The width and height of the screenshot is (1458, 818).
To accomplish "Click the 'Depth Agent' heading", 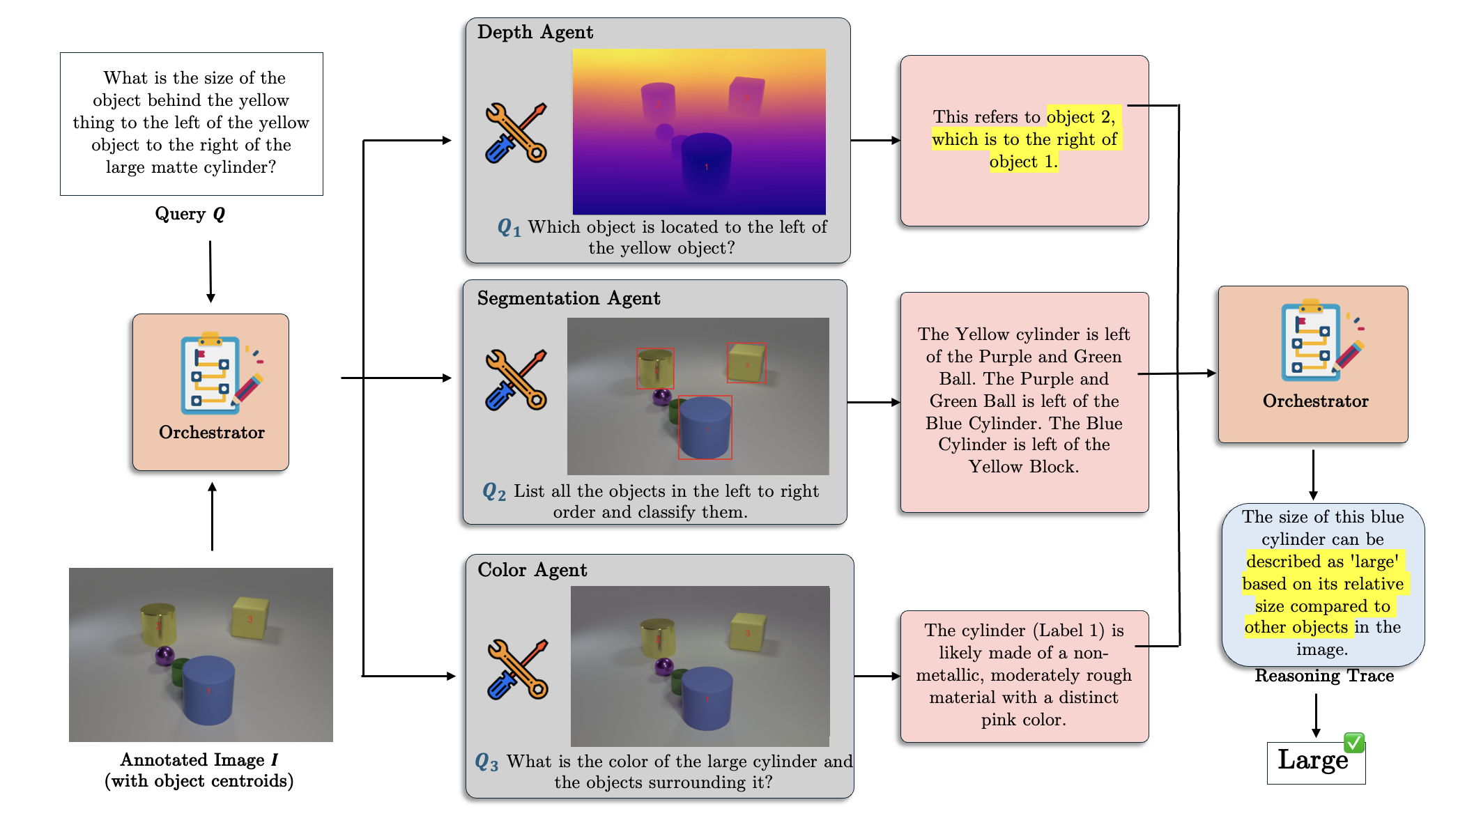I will (535, 32).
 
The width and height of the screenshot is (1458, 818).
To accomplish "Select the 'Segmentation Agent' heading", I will (568, 298).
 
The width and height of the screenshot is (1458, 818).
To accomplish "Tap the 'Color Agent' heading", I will (532, 570).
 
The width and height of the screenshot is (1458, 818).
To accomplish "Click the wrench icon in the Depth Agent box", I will (516, 133).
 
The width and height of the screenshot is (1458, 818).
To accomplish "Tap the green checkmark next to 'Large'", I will (1353, 742).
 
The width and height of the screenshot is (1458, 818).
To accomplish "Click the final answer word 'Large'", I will (1312, 760).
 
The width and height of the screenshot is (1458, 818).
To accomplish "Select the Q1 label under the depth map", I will (509, 227).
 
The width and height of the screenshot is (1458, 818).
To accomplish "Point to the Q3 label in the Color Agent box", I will (486, 762).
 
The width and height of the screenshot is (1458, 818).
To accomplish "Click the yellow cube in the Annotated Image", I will (249, 617).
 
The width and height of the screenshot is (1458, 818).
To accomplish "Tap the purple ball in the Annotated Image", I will (164, 656).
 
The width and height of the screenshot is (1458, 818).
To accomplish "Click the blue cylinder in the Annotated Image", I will (208, 690).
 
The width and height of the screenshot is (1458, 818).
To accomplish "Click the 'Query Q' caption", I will (190, 214).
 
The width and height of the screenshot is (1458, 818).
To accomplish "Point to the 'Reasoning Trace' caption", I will (1323, 676).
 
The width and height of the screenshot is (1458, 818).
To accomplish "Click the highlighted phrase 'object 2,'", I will (1080, 117).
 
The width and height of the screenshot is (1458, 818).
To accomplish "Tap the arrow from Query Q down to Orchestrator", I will (210, 272).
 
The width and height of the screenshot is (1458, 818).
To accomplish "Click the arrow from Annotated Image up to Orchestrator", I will (212, 516).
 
